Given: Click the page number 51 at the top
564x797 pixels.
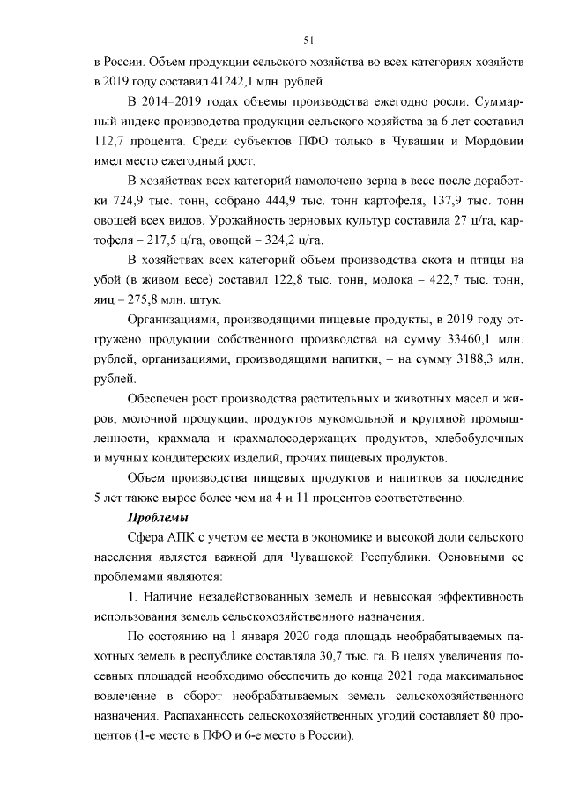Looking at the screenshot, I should (308, 40).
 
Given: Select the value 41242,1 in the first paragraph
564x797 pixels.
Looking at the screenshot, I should (202, 82).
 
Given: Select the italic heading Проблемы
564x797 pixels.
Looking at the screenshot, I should (160, 516).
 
